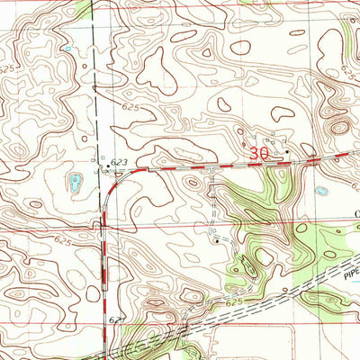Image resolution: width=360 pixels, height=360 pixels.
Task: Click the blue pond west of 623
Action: point(74,183)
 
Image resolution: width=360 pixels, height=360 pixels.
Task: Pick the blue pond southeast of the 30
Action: point(321,191)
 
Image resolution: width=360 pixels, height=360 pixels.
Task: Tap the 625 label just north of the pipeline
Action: point(235,303)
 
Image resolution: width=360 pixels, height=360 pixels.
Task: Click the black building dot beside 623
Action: point(107,166)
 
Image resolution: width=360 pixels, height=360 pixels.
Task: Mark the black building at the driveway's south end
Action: point(216,240)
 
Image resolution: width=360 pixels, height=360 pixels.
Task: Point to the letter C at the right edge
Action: point(355,212)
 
